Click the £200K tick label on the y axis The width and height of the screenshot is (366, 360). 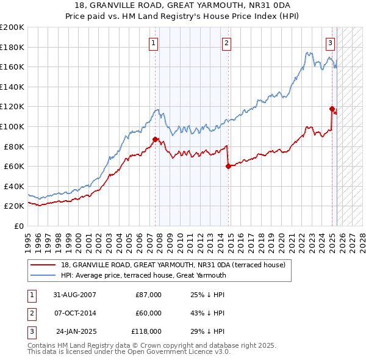(x=12, y=27)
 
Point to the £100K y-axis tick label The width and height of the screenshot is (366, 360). (x=12, y=126)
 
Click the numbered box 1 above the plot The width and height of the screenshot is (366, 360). (x=152, y=43)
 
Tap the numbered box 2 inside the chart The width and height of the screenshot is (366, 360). (x=226, y=43)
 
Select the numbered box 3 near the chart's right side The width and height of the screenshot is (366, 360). (x=330, y=43)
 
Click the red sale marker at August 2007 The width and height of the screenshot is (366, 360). (x=155, y=139)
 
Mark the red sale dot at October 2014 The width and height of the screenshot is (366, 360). (x=228, y=166)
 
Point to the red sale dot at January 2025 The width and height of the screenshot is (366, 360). (x=332, y=109)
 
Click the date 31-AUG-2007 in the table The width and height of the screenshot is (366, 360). (x=75, y=295)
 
